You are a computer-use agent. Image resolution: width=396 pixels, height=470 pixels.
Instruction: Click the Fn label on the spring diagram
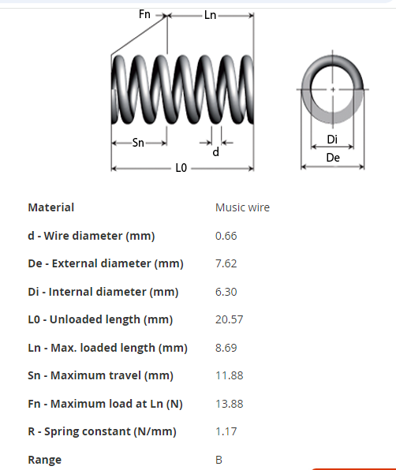pos(144,14)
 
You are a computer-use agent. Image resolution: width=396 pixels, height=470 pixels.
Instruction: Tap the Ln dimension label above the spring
pos(210,15)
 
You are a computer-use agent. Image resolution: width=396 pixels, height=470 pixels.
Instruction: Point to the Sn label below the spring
pos(138,143)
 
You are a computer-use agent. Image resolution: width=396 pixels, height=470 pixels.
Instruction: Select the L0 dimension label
pos(181,168)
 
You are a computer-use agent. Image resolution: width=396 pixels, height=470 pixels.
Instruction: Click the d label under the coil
pos(216,152)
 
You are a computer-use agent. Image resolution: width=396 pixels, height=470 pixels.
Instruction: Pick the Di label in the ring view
pos(332,140)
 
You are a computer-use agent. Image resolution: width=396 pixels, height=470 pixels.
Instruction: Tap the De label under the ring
pos(333,158)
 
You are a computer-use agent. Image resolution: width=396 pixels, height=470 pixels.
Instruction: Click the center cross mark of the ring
pos(333,89)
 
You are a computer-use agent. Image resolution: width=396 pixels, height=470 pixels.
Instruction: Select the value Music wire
pos(242,207)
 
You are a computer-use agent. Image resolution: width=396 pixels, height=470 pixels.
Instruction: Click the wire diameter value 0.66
pos(226,236)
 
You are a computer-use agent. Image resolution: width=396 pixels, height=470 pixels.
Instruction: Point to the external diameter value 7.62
pos(226,263)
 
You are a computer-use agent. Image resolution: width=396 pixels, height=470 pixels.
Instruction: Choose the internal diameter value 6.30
pos(226,292)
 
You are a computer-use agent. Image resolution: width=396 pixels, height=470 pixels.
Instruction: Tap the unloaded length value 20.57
pos(229,319)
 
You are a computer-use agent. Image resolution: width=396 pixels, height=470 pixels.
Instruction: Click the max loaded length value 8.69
pos(226,348)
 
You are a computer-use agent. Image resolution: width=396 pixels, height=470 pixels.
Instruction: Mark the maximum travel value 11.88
pos(230,375)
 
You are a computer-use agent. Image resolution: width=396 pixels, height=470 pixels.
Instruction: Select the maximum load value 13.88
pos(230,404)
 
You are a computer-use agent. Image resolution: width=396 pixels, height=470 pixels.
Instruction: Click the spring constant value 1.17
pos(226,431)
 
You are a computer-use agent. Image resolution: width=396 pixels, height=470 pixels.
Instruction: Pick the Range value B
pos(219,460)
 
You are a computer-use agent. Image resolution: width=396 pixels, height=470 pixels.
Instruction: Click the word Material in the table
pos(51,207)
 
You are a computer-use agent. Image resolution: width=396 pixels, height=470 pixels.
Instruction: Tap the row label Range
pos(45,460)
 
